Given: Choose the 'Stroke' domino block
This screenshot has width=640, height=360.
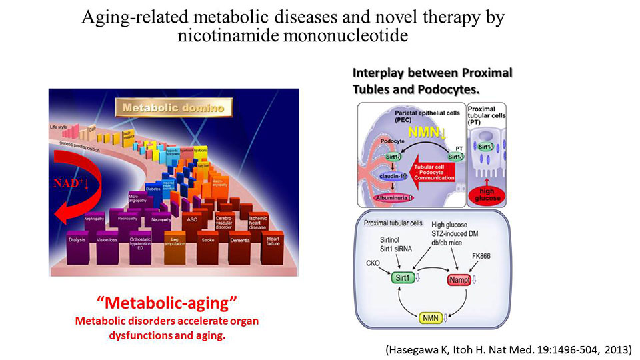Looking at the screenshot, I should click(x=207, y=239).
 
